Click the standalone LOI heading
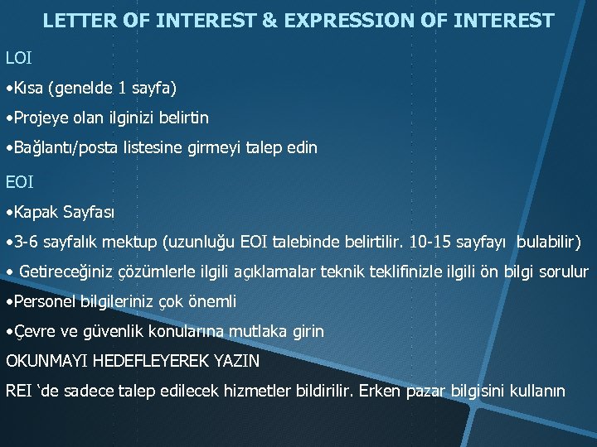coord(19,58)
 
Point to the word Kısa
coord(31,87)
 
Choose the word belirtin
coord(179,118)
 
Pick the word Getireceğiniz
coord(66,272)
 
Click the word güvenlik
coord(118,331)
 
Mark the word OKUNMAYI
coord(46,361)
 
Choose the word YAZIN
coord(235,361)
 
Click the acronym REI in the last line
coord(19,390)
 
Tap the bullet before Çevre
coord(8,332)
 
